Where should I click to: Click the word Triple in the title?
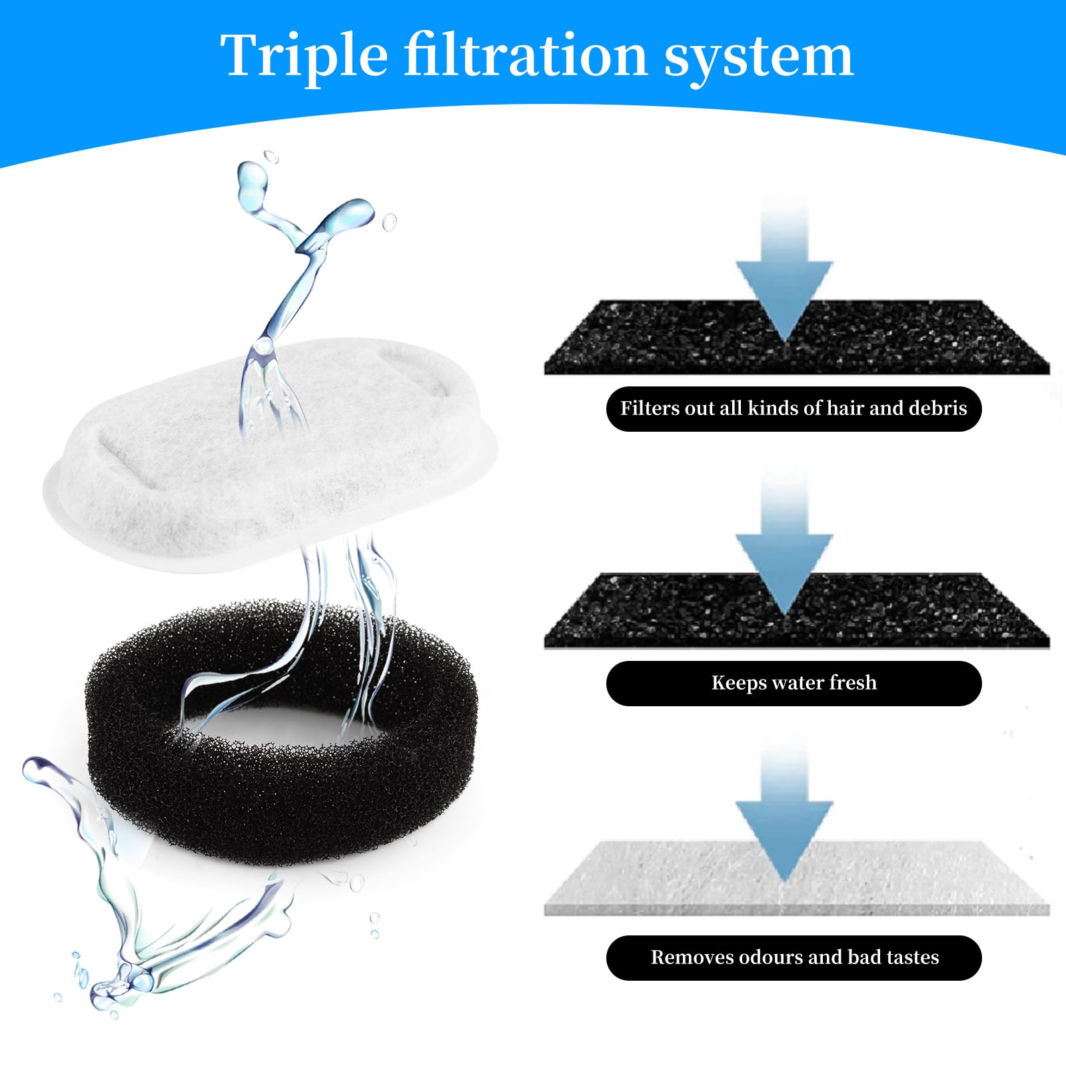tap(304, 56)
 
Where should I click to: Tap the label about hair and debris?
tap(794, 408)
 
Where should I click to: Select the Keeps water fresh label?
tap(794, 683)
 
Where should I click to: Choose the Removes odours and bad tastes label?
tap(794, 957)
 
